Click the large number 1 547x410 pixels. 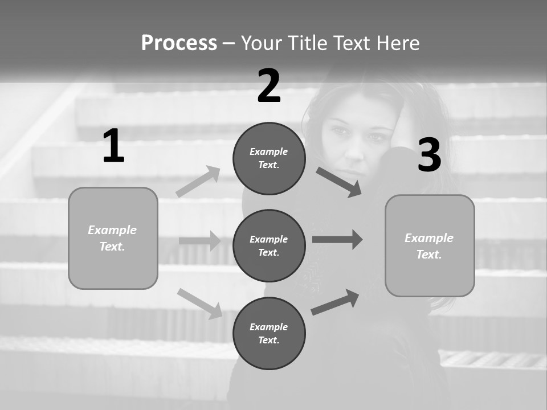coord(113,146)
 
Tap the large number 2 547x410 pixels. coord(269,86)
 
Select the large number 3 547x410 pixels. coord(429,155)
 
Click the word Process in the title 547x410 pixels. coord(179,43)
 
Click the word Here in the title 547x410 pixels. coord(397,43)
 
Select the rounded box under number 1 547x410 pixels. coord(113,238)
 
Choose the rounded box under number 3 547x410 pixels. coord(430,245)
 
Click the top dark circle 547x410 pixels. coord(269,158)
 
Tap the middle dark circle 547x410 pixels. coord(269,245)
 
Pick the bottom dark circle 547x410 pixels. coord(269,333)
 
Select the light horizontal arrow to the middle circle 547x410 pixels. coord(200,241)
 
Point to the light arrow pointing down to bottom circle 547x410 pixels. coord(200,303)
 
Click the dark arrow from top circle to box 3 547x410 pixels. coord(339,182)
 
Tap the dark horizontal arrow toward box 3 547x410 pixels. coord(337,239)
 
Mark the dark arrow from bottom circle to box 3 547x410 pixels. coord(336,302)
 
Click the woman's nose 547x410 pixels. coord(354,151)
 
